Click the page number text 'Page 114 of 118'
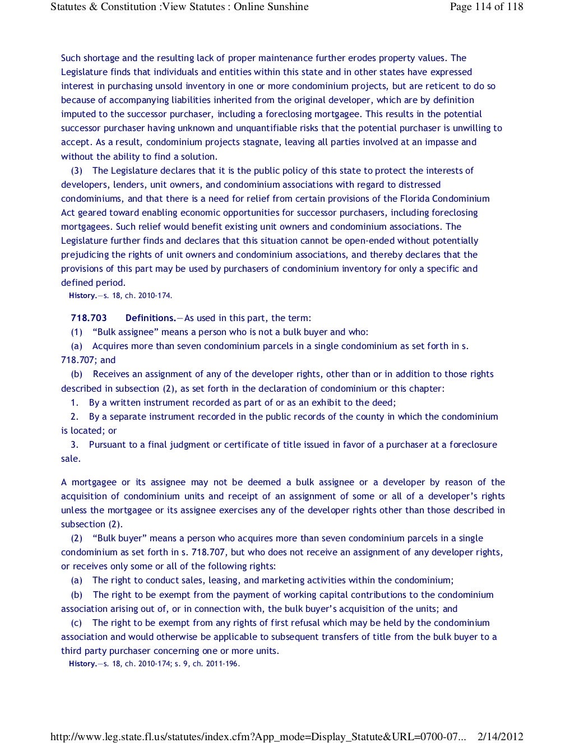pyautogui.click(x=486, y=7)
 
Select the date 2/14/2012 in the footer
pyautogui.click(x=500, y=737)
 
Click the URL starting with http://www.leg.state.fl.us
pyautogui.click(x=258, y=737)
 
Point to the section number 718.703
pyautogui.click(x=89, y=318)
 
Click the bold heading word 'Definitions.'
pyautogui.click(x=150, y=318)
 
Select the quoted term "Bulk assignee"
pyautogui.click(x=126, y=332)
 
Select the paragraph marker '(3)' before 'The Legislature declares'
pyautogui.click(x=77, y=170)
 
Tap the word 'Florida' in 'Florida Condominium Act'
pyautogui.click(x=415, y=198)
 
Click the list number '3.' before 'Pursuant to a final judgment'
pyautogui.click(x=75, y=444)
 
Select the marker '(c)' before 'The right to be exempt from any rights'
pyautogui.click(x=76, y=623)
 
